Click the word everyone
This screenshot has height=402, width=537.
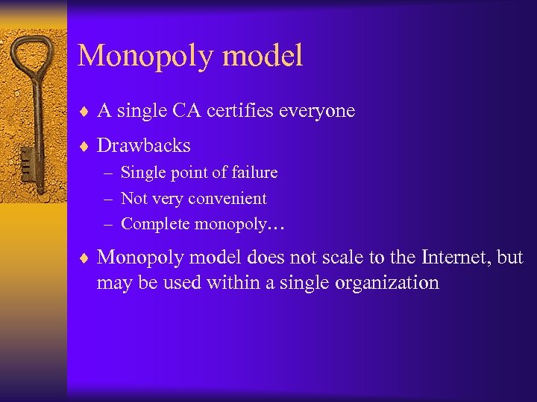318,111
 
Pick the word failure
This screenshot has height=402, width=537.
254,173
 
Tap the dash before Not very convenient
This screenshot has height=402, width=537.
109,199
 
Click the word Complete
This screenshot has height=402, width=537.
151,223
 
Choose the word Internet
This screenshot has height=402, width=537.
452,258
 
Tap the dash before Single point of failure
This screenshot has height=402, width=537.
109,173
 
